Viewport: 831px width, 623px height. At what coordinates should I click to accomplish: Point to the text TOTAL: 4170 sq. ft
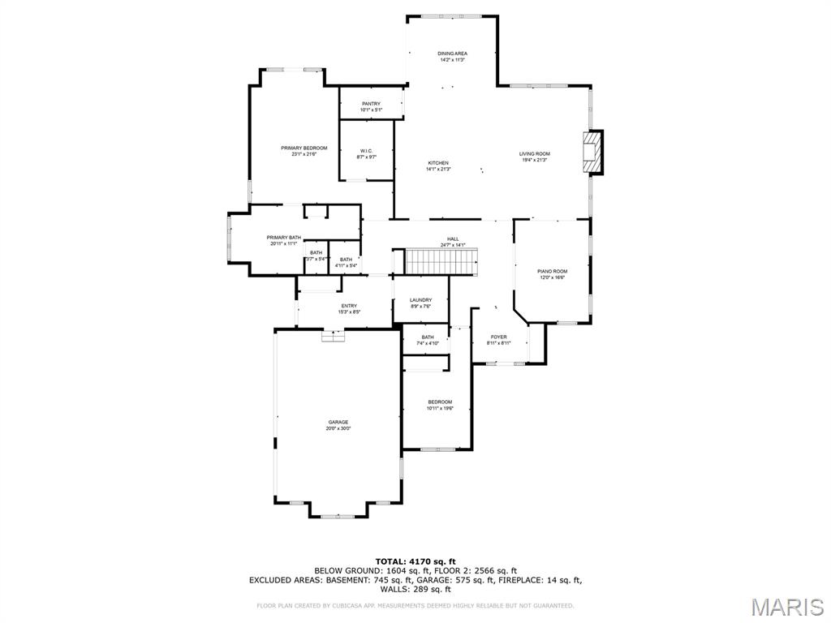tap(415, 561)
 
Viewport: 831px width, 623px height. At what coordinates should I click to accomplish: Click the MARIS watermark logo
tap(786, 606)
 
